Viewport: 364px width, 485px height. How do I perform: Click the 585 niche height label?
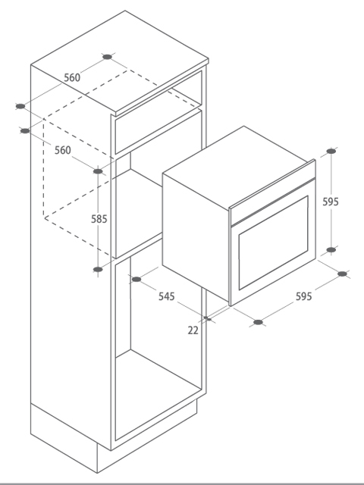pos(99,219)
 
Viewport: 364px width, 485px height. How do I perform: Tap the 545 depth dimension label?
pos(167,296)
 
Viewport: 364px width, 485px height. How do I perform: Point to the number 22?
pos(193,330)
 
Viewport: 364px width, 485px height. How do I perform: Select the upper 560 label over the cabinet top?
pos(72,77)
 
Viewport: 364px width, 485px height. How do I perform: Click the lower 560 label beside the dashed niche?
pos(63,150)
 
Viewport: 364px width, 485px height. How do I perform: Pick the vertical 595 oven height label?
pos(331,202)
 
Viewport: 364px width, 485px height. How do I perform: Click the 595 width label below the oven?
pos(303,296)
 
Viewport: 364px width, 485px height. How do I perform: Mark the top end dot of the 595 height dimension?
pos(331,152)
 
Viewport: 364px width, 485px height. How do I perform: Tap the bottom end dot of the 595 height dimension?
pos(331,249)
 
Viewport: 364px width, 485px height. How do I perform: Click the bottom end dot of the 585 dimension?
pos(98,270)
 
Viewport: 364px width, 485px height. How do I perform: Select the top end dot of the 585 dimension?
pos(98,171)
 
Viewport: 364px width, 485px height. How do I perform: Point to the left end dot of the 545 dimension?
pos(136,280)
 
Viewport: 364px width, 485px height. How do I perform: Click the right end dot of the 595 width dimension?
pos(342,274)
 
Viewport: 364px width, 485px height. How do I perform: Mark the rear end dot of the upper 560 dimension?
pos(107,57)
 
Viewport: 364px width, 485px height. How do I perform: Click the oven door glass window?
pos(273,242)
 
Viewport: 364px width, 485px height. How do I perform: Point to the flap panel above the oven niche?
pos(158,131)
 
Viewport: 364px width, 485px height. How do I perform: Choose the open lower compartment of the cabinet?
pos(158,349)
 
